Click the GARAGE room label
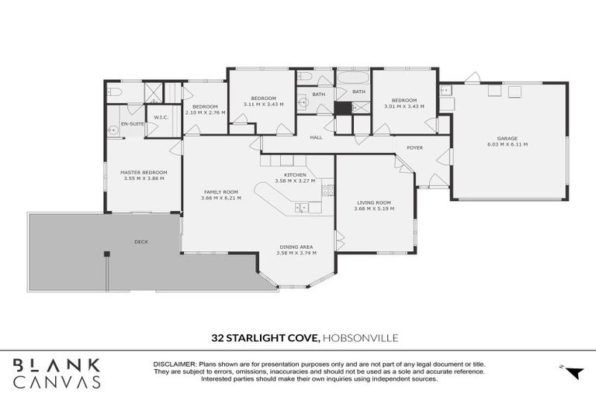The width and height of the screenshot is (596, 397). click(507, 138)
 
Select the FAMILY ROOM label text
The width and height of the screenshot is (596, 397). click(220, 192)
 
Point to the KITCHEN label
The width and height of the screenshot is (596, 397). click(296, 175)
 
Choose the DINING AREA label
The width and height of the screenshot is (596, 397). click(296, 247)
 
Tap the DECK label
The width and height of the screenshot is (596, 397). click(140, 241)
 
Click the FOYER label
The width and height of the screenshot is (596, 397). click(414, 147)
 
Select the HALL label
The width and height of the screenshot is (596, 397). click(316, 137)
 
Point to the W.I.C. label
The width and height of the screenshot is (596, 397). click(161, 118)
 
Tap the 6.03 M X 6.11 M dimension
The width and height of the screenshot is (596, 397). click(507, 144)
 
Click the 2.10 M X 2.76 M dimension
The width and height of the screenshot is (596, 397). click(206, 112)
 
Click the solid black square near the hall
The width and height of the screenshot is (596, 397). click(343, 109)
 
